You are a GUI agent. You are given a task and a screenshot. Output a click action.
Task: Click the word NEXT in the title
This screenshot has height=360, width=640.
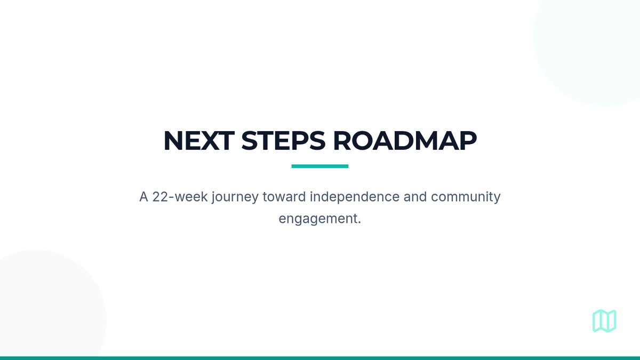coord(199,141)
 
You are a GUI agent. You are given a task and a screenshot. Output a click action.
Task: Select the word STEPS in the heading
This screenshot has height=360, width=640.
coord(283,141)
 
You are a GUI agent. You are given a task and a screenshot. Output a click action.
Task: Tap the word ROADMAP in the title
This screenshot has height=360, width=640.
coord(405,141)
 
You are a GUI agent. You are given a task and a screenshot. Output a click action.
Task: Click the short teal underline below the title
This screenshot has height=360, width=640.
coord(320,166)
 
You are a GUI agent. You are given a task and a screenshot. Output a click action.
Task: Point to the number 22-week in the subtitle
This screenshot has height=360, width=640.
coord(180,197)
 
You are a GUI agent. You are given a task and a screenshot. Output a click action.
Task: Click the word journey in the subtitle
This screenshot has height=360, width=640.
coord(235,197)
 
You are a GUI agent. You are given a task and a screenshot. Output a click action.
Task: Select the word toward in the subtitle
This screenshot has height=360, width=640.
coord(284,197)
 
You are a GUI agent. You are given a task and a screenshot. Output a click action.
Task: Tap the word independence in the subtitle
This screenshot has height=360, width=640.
coord(355,197)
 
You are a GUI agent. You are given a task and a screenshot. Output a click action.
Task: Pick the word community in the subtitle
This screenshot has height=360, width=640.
coord(466,197)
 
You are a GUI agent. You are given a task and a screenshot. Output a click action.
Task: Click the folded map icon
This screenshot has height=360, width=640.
coord(604,321)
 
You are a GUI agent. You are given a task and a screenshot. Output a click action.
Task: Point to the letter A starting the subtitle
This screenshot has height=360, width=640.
coord(143,197)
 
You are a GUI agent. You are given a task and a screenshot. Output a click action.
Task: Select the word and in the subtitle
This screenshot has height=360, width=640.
coord(415,197)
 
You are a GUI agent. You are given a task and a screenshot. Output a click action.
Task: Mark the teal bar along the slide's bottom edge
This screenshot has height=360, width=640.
coord(320,358)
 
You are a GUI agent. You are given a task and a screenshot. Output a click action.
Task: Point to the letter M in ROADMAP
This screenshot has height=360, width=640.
coord(426,141)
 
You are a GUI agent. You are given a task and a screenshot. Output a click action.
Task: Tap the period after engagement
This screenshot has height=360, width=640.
coord(359,223)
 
